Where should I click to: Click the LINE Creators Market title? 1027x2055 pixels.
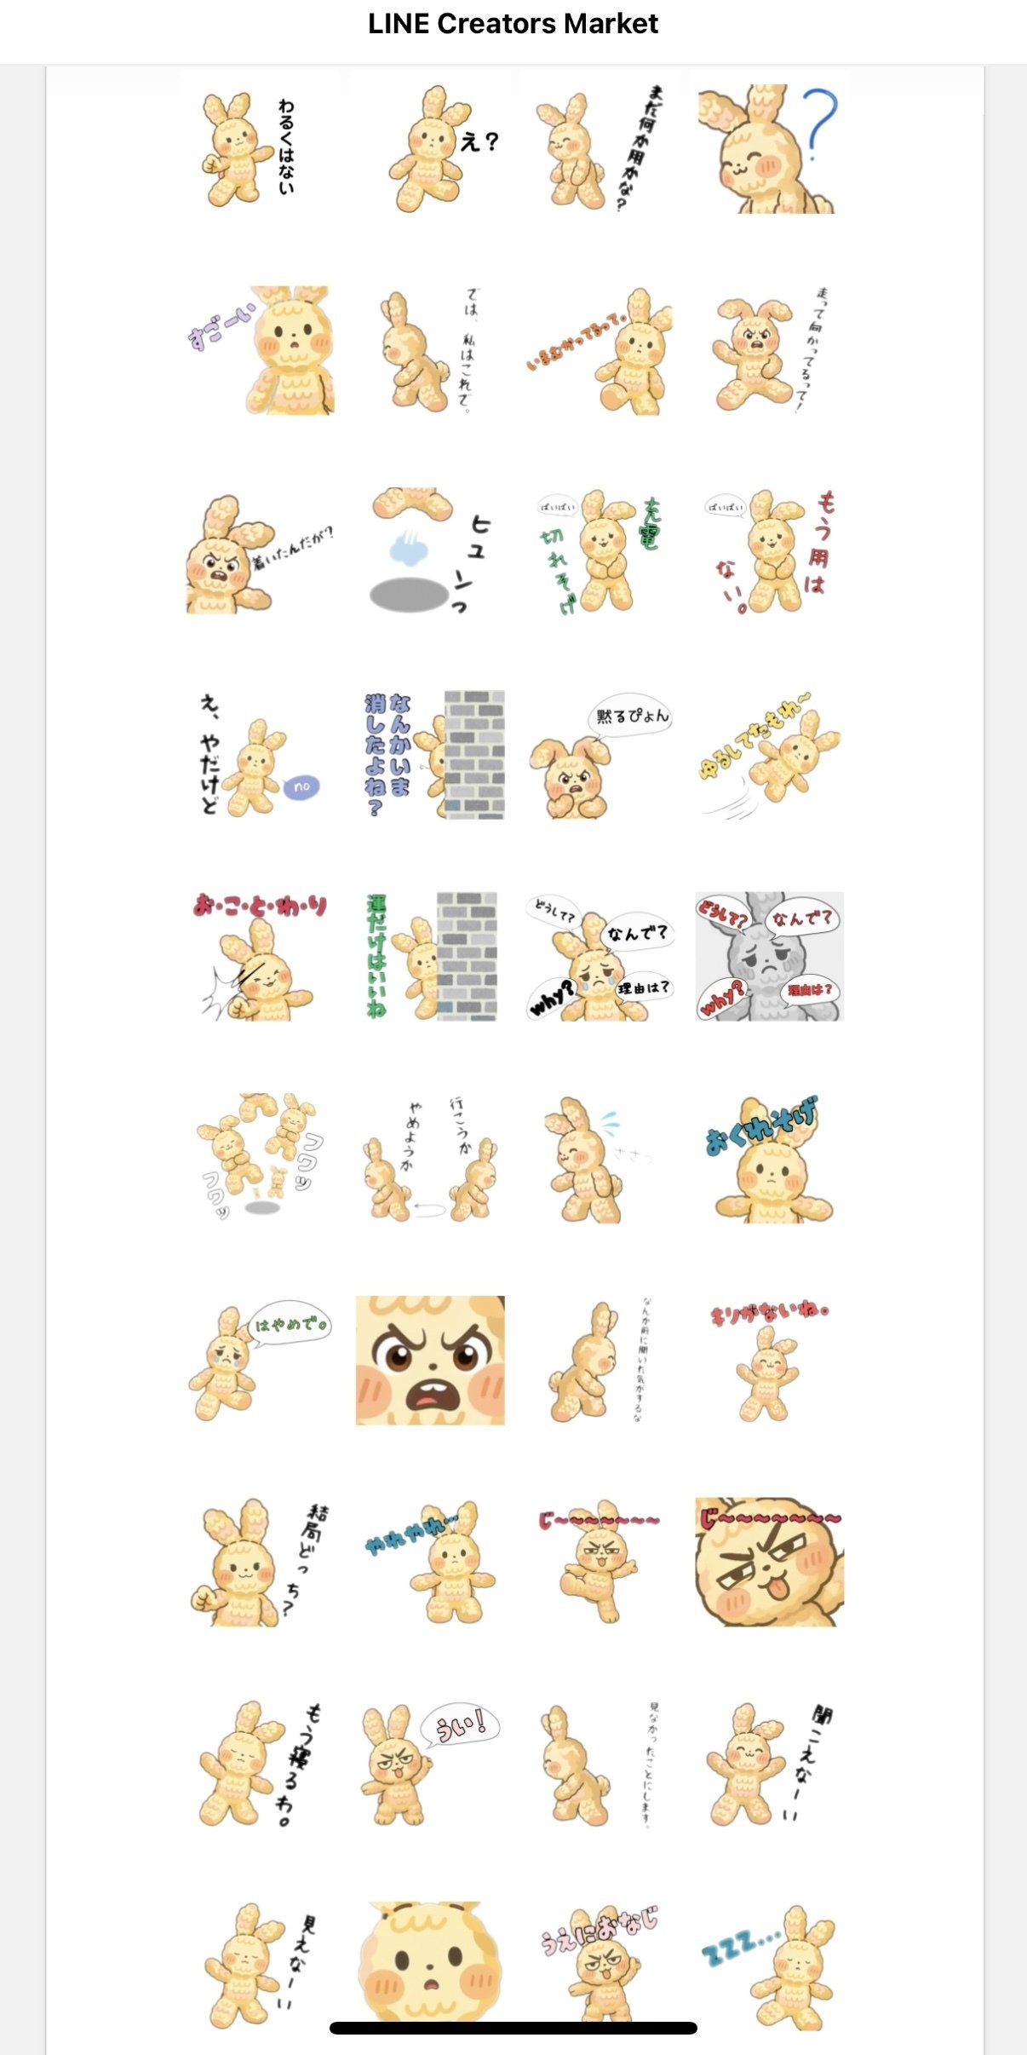[x=513, y=24]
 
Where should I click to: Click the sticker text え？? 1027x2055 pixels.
[x=479, y=141]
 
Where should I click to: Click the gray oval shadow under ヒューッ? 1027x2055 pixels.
[x=409, y=595]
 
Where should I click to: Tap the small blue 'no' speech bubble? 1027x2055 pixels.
[x=301, y=786]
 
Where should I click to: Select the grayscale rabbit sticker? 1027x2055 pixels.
[x=769, y=956]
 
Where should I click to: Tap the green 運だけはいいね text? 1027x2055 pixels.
[x=376, y=956]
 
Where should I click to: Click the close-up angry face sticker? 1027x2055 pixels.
[x=430, y=1361]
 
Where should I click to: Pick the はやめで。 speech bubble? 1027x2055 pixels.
[x=290, y=1325]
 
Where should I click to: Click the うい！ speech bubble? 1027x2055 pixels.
[x=461, y=1726]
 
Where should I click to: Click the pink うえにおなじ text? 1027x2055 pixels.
[x=600, y=1928]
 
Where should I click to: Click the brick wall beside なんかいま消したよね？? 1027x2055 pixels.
[x=474, y=755]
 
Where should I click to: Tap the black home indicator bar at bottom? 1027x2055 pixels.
[x=513, y=2028]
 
